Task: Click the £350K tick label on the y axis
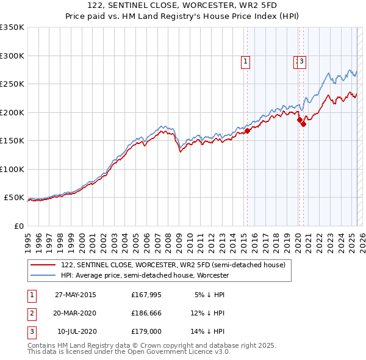12,27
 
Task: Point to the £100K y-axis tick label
12,169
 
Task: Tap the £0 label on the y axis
19,226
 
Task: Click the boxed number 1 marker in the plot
245,61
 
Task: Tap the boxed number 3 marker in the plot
302,61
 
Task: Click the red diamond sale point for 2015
248,131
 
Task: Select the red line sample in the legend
42,265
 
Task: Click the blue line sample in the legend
42,275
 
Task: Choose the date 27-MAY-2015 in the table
75,295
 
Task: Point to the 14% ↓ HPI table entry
207,332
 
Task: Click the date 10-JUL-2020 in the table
76,332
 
